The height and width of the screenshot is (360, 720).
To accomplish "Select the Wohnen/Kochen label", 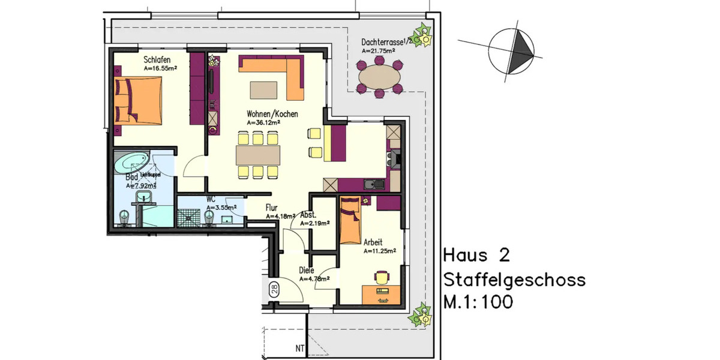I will pyautogui.click(x=272, y=113).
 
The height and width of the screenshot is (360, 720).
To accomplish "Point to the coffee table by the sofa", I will pyautogui.click(x=263, y=89).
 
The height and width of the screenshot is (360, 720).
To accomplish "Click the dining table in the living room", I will pyautogui.click(x=258, y=155).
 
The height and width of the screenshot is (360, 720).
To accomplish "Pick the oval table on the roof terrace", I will pyautogui.click(x=380, y=77).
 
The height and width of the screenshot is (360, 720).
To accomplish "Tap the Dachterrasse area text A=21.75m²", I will pyautogui.click(x=378, y=52).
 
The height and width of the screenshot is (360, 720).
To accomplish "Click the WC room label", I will pyautogui.click(x=211, y=199).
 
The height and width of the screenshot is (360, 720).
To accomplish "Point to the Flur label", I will pyautogui.click(x=271, y=208).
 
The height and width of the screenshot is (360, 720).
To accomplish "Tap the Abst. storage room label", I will pyautogui.click(x=308, y=215).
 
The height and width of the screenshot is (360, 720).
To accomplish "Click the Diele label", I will pyautogui.click(x=306, y=270).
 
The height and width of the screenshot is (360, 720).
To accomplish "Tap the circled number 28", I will pyautogui.click(x=273, y=290).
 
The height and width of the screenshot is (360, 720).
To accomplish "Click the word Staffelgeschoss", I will pyautogui.click(x=514, y=280).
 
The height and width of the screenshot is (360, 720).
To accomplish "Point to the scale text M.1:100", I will pyautogui.click(x=478, y=302).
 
